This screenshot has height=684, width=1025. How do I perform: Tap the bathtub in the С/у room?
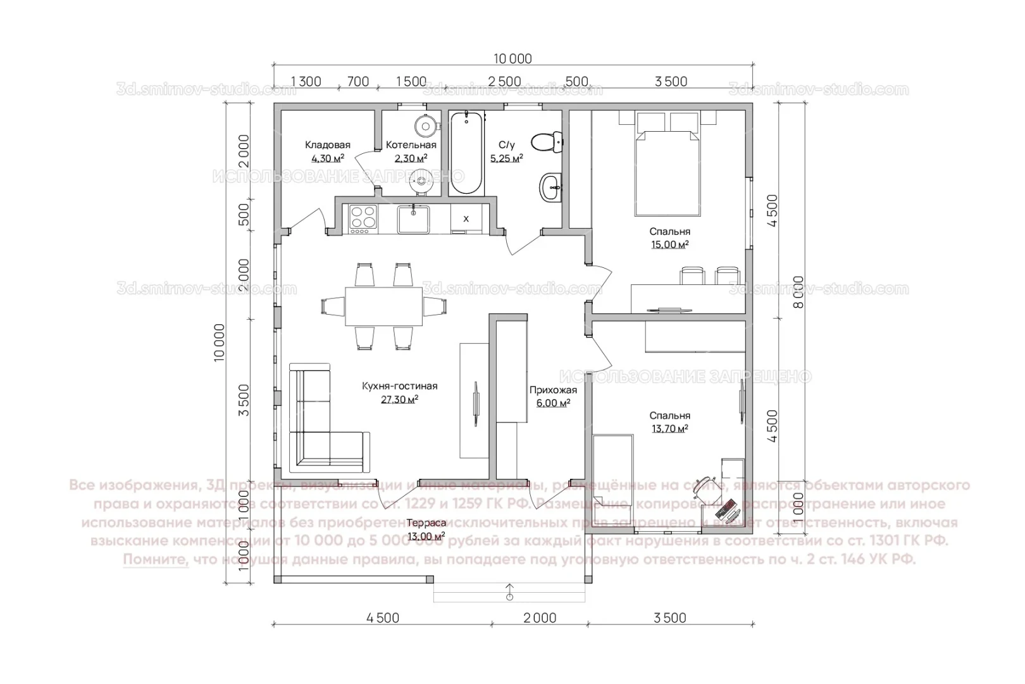(x=466, y=153)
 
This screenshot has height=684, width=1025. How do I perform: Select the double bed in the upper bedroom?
(x=668, y=171)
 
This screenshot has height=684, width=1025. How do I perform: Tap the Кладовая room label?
(x=327, y=145)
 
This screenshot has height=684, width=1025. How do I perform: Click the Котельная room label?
(x=411, y=145)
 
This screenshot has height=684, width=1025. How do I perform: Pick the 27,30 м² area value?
(x=399, y=400)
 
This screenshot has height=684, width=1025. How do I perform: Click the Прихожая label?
(x=553, y=390)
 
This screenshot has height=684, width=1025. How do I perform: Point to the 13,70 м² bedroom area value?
(x=669, y=429)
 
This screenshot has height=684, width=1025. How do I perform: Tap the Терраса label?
(x=426, y=523)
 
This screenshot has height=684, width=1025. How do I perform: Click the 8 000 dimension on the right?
(x=798, y=292)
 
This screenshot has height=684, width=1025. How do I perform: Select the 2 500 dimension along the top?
(x=505, y=82)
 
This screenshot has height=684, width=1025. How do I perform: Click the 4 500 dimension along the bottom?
(x=383, y=618)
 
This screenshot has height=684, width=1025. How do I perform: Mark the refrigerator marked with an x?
(x=466, y=218)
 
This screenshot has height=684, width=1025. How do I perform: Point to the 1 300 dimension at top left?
(x=306, y=82)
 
